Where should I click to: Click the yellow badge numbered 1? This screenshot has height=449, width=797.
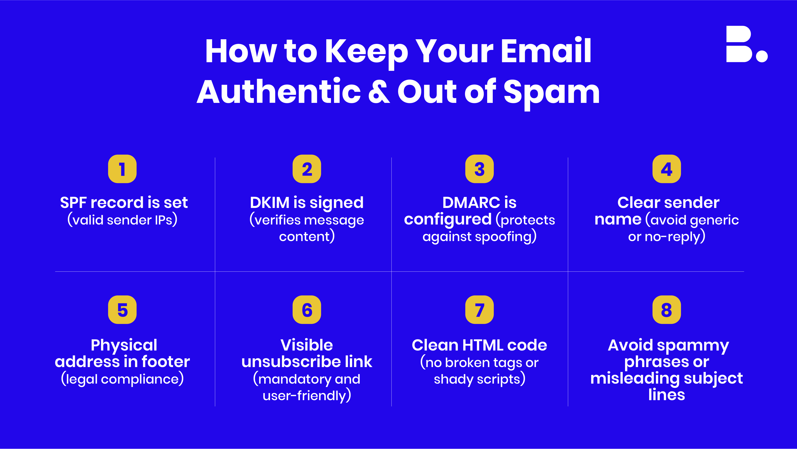122,169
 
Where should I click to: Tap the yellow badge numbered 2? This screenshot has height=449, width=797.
307,169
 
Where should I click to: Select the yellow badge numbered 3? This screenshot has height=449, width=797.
480,169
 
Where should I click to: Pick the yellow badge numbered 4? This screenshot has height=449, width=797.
667,169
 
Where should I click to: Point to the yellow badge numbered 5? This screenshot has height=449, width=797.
122,310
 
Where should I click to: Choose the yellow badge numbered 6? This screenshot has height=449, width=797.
307,310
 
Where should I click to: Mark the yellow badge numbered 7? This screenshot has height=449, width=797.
480,310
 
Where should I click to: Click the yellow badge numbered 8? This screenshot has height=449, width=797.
667,310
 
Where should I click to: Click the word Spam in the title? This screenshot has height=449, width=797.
552,93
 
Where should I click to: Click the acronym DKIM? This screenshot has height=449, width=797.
269,203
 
